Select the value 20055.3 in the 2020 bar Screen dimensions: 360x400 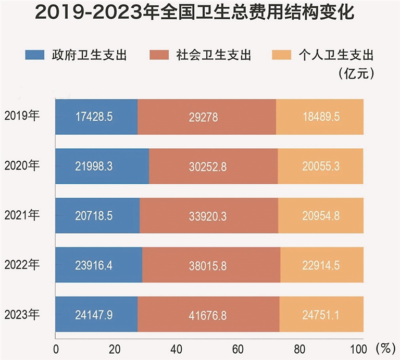coord(321,166)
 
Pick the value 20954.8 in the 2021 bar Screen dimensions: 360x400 coord(321,215)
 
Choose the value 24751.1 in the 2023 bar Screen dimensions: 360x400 coord(321,314)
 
